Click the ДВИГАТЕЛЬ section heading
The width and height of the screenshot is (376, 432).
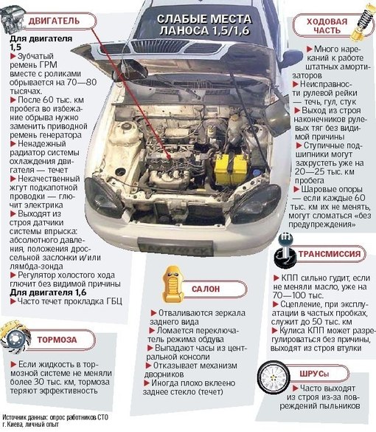54,21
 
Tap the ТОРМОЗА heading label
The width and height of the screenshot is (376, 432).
57,340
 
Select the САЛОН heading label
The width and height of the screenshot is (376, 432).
206,289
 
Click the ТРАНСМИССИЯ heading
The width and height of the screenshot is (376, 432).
330,254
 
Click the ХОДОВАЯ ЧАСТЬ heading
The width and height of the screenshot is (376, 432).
327,26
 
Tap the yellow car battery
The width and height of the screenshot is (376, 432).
231,169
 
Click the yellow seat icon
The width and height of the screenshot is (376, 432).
173,284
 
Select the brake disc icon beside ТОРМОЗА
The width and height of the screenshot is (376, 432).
15,337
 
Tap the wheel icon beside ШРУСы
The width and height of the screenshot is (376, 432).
274,377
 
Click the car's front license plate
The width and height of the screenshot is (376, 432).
175,247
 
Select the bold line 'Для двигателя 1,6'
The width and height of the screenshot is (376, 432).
48,292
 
